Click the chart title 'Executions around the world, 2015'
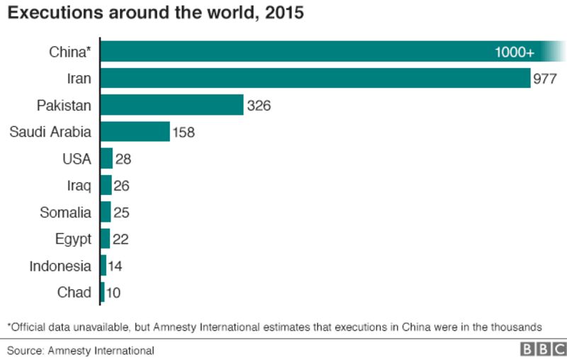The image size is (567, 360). tap(155, 13)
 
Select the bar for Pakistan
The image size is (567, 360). tap(172, 105)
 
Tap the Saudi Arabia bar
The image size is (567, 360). tap(135, 132)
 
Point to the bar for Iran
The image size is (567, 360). tap(315, 78)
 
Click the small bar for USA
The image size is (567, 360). tap(107, 158)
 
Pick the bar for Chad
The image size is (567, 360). tap(103, 292)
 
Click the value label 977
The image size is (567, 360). tap(545, 79)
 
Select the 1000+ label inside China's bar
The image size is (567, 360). tap(515, 52)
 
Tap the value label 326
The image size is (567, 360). tap(259, 106)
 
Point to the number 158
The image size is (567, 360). tap(184, 133)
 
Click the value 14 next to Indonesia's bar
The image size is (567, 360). tap(115, 266)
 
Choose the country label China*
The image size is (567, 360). tap(69, 52)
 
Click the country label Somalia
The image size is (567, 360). tap(65, 213)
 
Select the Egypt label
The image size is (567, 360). tap(73, 240)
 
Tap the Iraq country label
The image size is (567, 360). tap(79, 186)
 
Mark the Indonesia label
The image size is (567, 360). tap(60, 266)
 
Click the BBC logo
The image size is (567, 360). tap(544, 349)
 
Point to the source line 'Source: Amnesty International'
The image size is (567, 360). tap(81, 351)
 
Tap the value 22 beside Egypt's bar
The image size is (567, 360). tap(120, 240)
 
